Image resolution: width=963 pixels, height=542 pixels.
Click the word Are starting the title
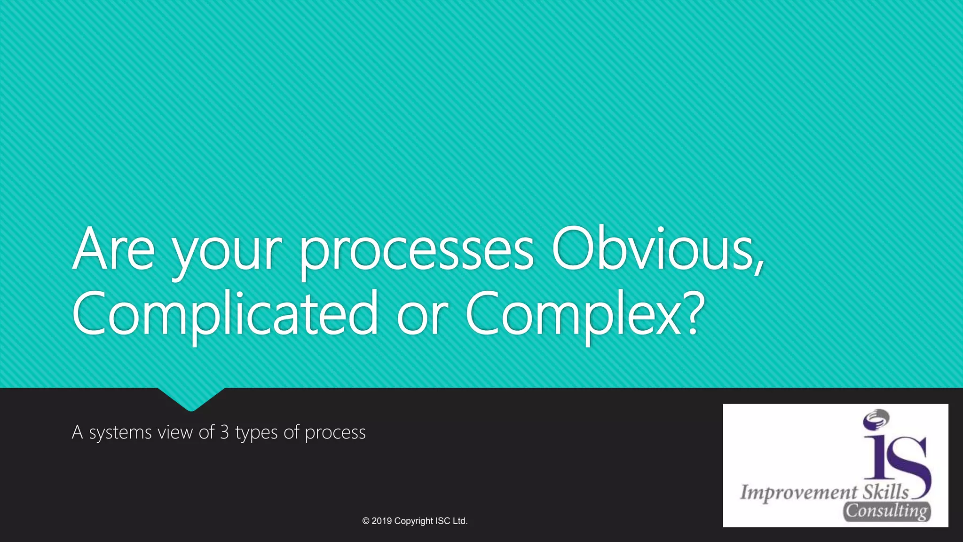point(113,249)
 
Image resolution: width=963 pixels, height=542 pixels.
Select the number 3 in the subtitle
point(224,432)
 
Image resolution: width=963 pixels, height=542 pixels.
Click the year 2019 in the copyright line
point(381,521)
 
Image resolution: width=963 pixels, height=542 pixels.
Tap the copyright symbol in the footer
point(366,521)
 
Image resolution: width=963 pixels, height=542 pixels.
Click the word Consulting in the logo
point(886,511)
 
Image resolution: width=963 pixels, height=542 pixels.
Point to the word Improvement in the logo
point(798,493)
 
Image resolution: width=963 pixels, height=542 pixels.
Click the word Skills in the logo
point(885,492)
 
